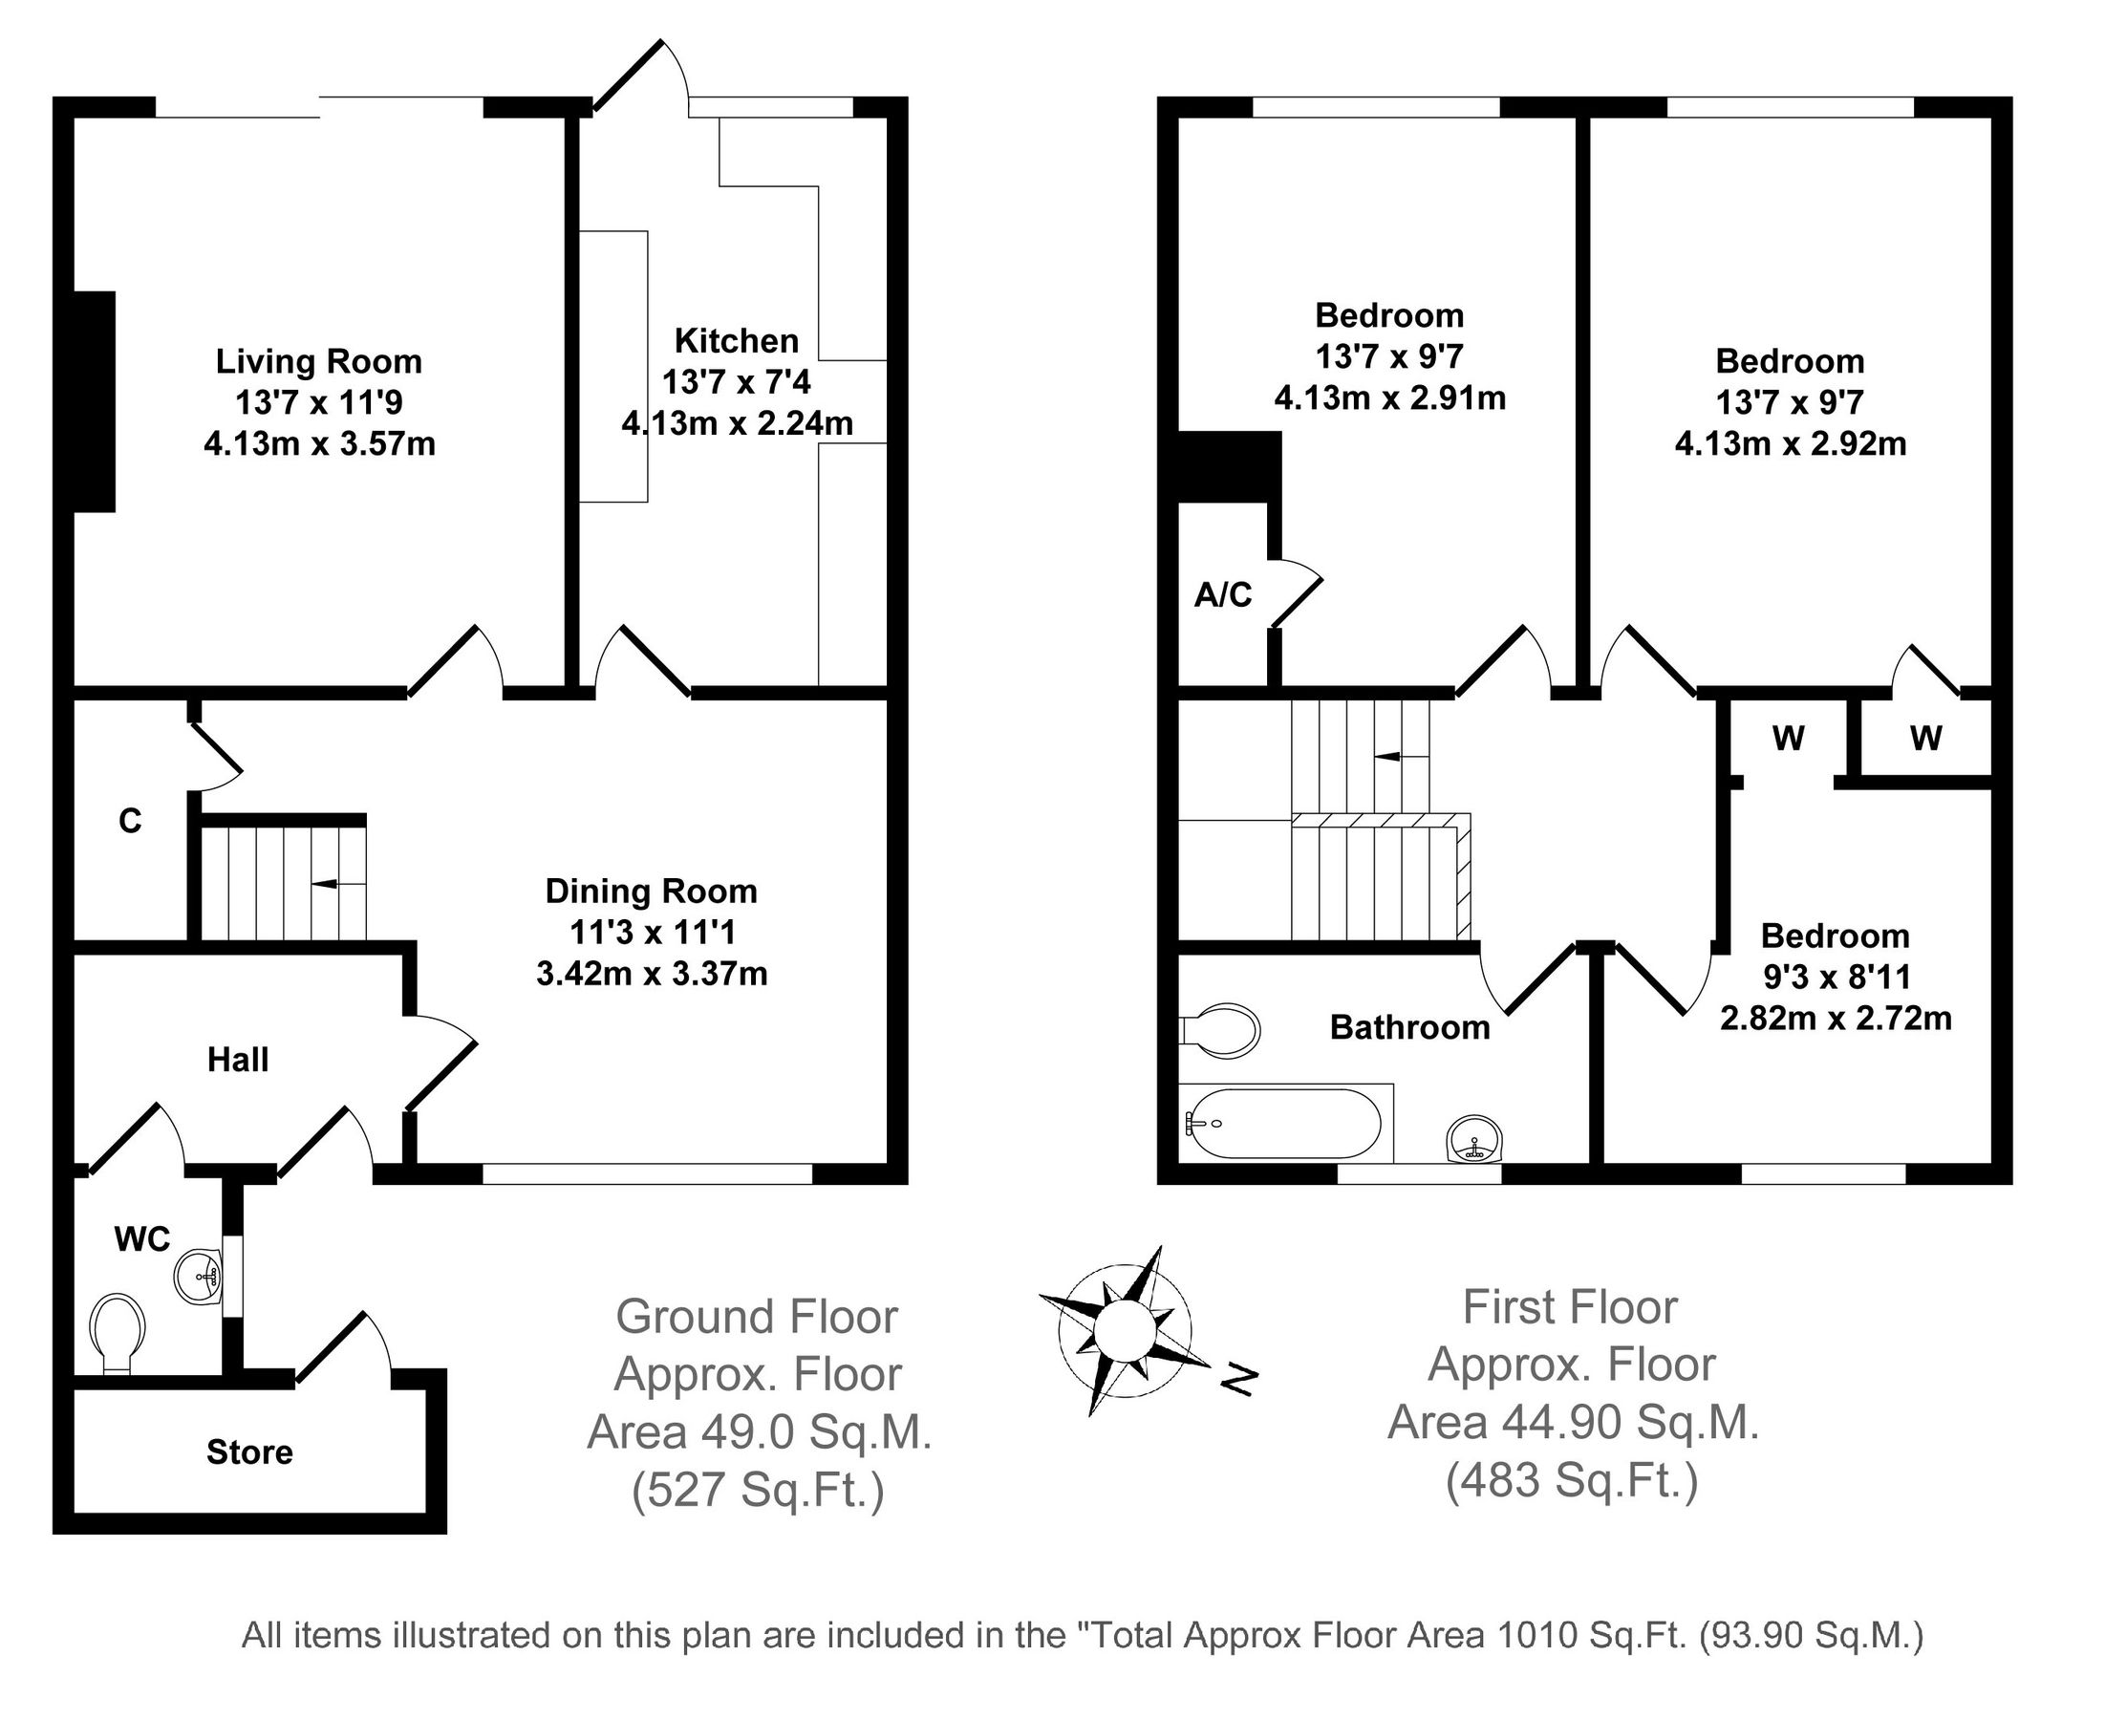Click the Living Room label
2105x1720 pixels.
[x=318, y=361]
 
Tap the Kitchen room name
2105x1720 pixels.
[x=736, y=341]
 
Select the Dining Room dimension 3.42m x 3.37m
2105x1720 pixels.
[x=651, y=974]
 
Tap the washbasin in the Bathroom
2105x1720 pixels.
[x=1474, y=1140]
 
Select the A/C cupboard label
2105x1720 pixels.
[x=1222, y=594]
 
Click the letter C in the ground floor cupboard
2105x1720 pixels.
[x=130, y=821]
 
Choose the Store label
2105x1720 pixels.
[x=249, y=1452]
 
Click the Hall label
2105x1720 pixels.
[x=238, y=1060]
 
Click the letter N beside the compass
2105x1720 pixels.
[x=1238, y=1378]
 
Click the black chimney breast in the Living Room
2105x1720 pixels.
[x=96, y=401]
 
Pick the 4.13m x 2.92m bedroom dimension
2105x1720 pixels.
[x=1790, y=444]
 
